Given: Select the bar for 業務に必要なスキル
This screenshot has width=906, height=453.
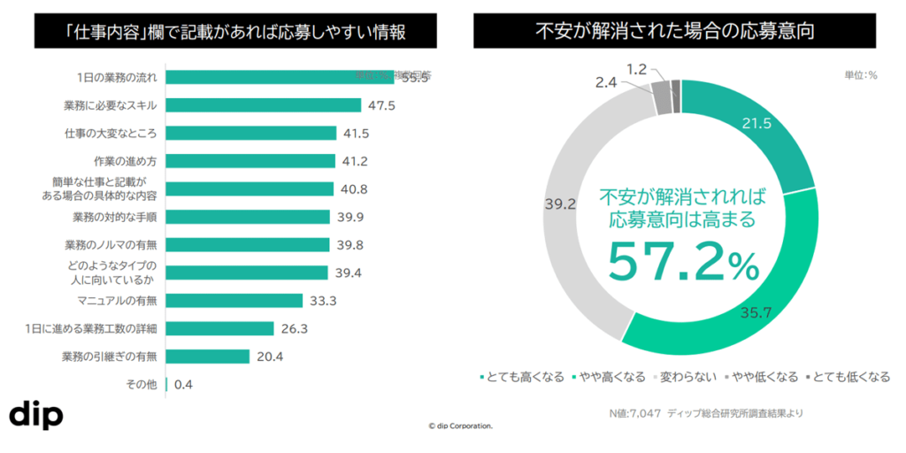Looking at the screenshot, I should click(264, 105).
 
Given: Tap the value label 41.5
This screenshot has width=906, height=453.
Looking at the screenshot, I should click(355, 134).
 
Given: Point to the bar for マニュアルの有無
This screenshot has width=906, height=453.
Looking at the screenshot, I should click(234, 301).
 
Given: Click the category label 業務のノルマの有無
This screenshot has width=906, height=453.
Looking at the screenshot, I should click(111, 245).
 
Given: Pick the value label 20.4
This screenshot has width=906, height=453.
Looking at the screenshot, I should click(270, 357).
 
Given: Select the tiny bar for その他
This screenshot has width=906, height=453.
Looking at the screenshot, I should click(166, 385).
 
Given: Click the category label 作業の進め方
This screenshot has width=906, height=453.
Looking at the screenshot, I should click(125, 161).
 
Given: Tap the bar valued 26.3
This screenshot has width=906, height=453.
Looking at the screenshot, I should click(220, 329).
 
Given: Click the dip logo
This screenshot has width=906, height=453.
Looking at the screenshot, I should click(36, 416).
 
